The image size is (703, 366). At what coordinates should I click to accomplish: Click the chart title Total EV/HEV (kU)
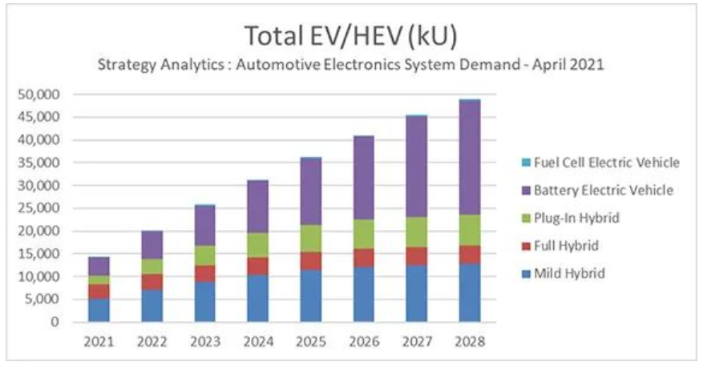tap(351, 36)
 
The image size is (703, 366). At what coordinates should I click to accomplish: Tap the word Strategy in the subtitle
tap(127, 65)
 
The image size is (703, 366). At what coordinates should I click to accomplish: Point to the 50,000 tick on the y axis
tap(38, 95)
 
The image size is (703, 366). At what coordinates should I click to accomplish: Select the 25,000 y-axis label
tap(38, 208)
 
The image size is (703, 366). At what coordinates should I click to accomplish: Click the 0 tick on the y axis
tap(55, 322)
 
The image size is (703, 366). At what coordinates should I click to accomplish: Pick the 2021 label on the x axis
tap(99, 342)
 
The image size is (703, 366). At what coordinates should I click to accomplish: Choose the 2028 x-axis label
tap(470, 342)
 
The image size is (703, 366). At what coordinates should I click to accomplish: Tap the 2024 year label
tap(258, 342)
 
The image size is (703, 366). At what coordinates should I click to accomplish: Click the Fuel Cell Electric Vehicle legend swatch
tap(527, 163)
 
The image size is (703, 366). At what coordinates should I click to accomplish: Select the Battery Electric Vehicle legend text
tap(604, 191)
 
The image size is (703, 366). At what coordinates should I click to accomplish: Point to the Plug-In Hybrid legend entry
tap(572, 218)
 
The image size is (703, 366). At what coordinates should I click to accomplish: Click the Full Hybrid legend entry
tap(560, 246)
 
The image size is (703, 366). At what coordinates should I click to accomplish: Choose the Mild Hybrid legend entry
tap(564, 274)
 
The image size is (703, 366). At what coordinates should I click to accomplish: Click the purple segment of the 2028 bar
tap(470, 157)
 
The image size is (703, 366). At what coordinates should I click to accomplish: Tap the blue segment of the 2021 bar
tap(99, 310)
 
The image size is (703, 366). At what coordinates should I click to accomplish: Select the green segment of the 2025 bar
tap(311, 239)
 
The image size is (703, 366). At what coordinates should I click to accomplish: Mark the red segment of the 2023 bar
tap(205, 274)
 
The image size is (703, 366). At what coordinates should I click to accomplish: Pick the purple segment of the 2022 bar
tap(152, 245)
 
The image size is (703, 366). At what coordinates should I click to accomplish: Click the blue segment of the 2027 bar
tap(417, 293)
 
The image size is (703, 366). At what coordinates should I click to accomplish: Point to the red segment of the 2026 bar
tap(364, 258)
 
